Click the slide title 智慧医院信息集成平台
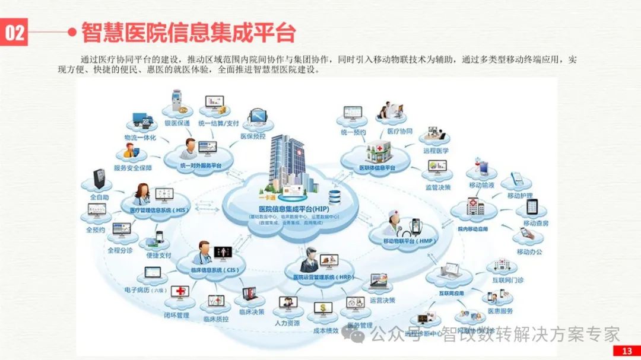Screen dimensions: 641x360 click(x=188, y=33)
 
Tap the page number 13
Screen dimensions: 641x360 click(x=627, y=351)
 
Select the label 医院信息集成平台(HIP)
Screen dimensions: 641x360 click(x=294, y=209)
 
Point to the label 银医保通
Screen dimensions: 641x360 click(x=177, y=123)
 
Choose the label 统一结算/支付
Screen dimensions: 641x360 click(x=218, y=123)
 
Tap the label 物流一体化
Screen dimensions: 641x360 click(x=140, y=138)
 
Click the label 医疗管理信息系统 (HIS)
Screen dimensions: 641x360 click(x=155, y=209)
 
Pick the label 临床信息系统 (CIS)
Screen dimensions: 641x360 click(x=215, y=270)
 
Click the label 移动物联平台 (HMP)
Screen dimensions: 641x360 click(x=410, y=241)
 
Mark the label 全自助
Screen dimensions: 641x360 click(x=99, y=196)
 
